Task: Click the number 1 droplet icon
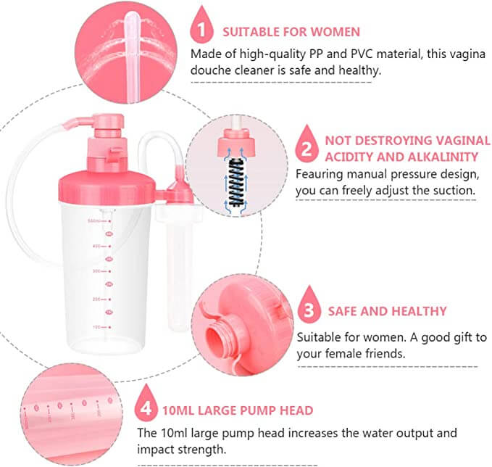pos(201,27)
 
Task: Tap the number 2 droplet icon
pos(307,145)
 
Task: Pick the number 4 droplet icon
pos(146,405)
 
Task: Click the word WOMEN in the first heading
pos(335,32)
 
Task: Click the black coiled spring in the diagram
pos(236,183)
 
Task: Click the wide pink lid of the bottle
pos(107,188)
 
